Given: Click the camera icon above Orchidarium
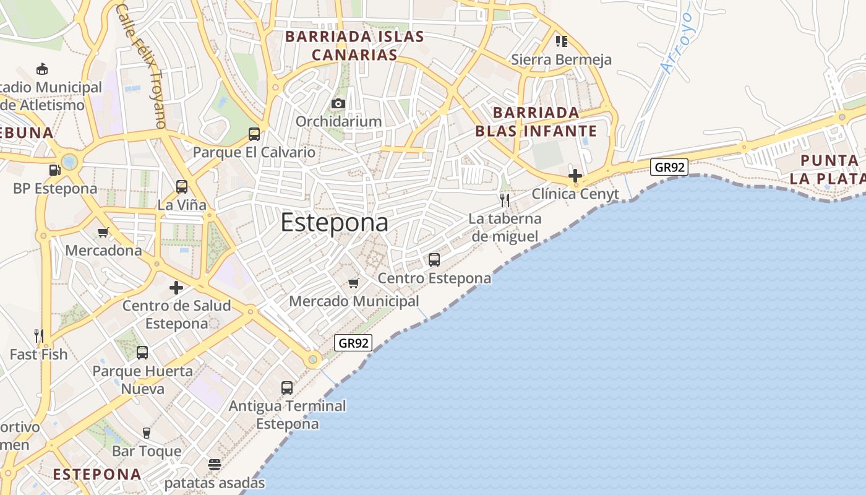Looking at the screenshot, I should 338,103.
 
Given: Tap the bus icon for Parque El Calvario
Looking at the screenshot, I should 254,134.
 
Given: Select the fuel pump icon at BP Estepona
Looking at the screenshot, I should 55,170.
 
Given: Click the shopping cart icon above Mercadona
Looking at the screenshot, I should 103,233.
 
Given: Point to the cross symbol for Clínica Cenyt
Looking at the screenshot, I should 575,175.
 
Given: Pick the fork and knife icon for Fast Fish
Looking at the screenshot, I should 38,336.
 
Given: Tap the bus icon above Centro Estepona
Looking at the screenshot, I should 434,260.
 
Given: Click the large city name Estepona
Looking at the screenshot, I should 335,223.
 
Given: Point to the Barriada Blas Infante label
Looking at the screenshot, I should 536,122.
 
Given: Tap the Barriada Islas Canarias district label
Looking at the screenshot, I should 354,46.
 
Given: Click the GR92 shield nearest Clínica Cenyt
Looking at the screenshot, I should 669,167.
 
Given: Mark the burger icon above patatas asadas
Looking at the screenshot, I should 215,465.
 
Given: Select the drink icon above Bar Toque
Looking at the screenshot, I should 147,433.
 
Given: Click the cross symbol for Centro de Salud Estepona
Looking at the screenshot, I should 176,288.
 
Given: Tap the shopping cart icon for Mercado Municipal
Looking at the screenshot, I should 353,283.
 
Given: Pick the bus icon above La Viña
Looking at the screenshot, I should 182,187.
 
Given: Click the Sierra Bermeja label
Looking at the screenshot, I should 561,59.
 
